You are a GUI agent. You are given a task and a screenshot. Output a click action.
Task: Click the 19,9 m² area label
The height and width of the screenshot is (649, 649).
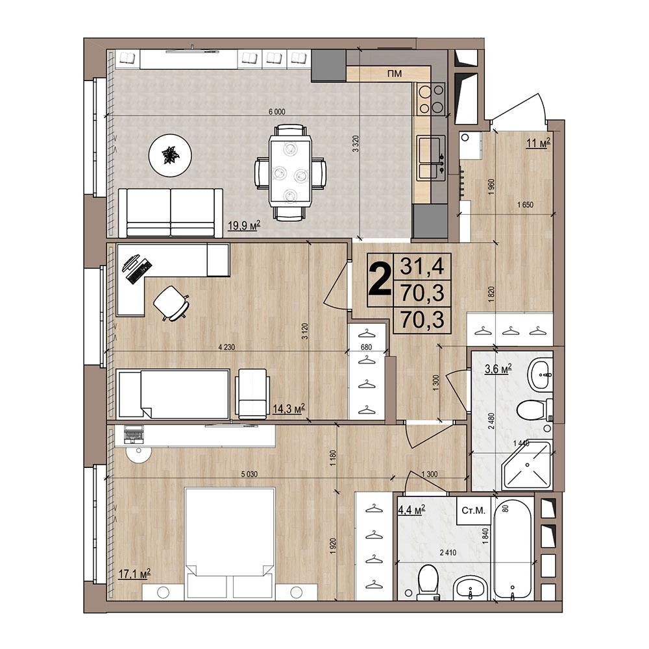[244, 226]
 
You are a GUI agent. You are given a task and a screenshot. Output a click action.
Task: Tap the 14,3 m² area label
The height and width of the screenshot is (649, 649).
[289, 409]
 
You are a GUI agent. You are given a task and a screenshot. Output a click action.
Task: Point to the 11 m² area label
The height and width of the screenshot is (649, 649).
[538, 143]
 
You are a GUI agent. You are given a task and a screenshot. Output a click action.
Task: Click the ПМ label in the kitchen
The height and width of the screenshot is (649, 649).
[394, 74]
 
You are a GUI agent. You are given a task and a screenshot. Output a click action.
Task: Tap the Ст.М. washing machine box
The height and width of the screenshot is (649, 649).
[473, 511]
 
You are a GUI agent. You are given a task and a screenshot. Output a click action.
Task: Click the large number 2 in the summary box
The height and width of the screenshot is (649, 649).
[380, 280]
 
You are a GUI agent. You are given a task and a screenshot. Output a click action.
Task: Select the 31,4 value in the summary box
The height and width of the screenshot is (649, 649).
[422, 266]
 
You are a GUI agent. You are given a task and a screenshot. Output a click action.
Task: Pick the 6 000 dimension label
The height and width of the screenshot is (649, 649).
[277, 112]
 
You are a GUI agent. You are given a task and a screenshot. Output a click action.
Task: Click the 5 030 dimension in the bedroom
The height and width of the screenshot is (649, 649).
[249, 474]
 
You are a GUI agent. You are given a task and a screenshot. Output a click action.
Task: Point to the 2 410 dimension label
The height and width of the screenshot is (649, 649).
[448, 552]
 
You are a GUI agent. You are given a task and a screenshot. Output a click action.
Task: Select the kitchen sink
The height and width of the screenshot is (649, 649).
[430, 158]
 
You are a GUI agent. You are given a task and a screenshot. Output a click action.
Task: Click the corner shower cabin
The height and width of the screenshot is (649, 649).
[527, 465]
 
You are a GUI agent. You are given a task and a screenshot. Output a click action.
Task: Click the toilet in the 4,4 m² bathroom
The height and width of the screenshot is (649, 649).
[428, 583]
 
